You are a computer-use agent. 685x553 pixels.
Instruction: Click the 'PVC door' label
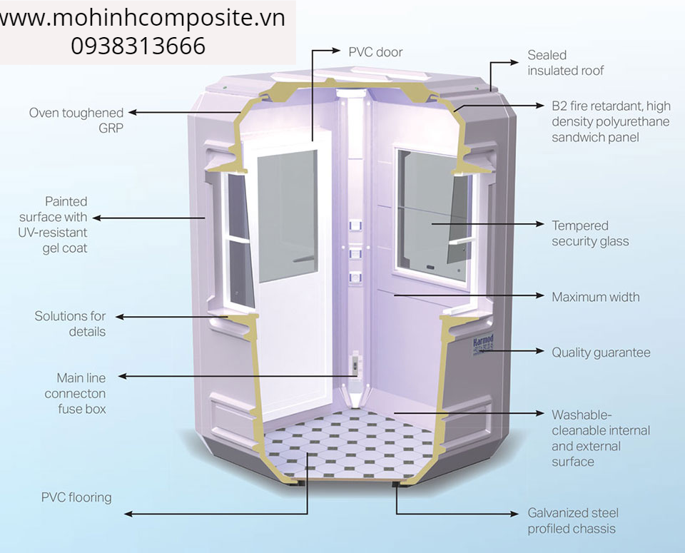click(x=375, y=52)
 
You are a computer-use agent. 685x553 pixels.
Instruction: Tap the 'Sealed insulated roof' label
click(x=565, y=63)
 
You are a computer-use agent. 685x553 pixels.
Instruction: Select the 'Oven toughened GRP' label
click(x=76, y=120)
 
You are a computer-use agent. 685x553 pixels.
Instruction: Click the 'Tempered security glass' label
click(x=590, y=233)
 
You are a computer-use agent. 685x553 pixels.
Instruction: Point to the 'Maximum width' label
click(x=595, y=297)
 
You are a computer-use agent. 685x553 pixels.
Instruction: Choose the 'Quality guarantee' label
click(x=601, y=352)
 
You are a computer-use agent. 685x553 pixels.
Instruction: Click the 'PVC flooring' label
click(x=76, y=497)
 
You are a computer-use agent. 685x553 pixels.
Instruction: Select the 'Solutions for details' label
click(x=70, y=324)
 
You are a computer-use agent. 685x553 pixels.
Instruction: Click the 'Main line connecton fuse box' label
click(x=75, y=393)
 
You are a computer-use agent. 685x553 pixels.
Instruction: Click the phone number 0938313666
click(x=138, y=46)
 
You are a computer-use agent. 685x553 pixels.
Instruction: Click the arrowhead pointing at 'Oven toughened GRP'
click(x=133, y=113)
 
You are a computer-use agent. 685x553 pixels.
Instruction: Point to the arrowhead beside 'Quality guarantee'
click(x=539, y=351)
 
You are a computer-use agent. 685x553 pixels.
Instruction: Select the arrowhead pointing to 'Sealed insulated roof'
click(x=514, y=63)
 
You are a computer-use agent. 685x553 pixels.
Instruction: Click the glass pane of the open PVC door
click(x=288, y=215)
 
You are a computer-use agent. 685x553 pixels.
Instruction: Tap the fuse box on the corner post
click(x=355, y=363)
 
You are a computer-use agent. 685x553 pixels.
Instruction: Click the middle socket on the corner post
click(x=355, y=253)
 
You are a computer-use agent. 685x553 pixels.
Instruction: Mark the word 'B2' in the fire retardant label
click(x=559, y=106)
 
